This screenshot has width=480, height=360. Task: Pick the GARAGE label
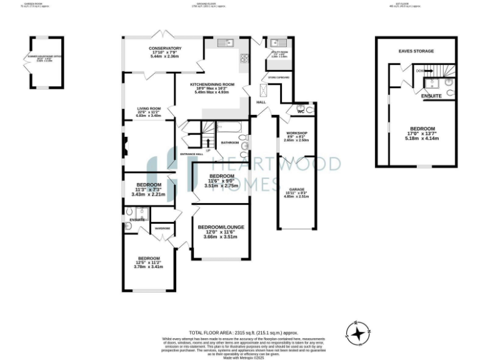(296, 189)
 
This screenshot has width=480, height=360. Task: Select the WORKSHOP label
(296, 133)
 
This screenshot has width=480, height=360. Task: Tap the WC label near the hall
(301, 112)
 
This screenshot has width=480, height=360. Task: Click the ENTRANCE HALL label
(191, 154)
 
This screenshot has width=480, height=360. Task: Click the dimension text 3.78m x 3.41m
(148, 267)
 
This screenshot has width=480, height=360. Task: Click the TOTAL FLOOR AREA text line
(243, 332)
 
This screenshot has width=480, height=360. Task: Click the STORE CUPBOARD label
(269, 77)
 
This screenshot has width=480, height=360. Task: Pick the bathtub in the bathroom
(232, 127)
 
